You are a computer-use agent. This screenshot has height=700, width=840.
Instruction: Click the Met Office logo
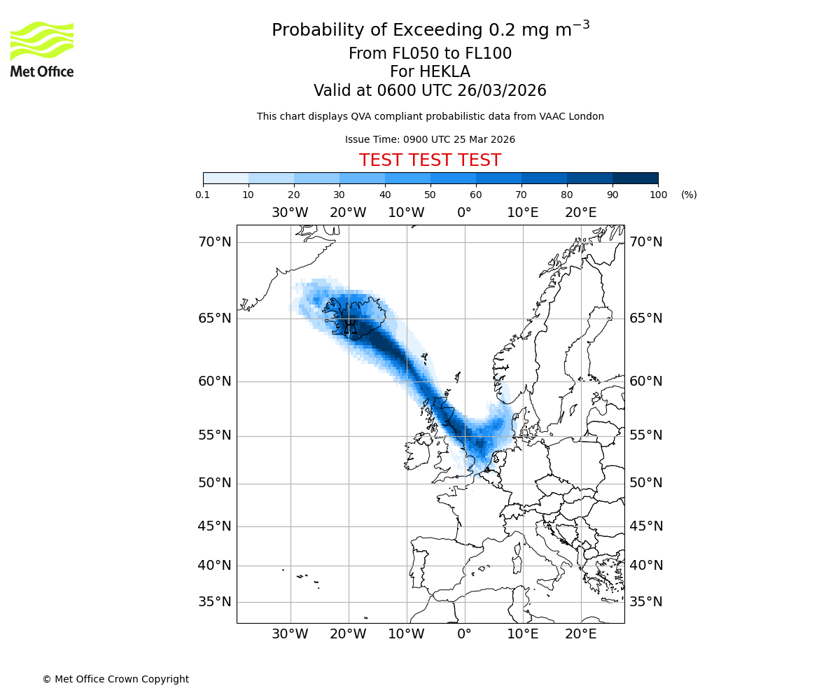(42, 49)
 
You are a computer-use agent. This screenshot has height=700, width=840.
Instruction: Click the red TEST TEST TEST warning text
(430, 160)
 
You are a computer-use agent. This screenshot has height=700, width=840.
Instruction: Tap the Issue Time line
(430, 139)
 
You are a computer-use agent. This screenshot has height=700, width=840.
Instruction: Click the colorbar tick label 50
(430, 195)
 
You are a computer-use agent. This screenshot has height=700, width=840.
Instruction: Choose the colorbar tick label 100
(658, 195)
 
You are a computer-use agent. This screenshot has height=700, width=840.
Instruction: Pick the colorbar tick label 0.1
(203, 195)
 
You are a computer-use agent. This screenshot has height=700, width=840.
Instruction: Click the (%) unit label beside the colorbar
(689, 195)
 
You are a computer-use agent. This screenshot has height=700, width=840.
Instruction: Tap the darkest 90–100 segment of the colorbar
(635, 178)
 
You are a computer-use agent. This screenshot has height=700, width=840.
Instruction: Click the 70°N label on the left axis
(214, 242)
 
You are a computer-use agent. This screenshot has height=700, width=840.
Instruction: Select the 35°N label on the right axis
(645, 602)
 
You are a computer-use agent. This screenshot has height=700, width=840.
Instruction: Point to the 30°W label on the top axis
(290, 213)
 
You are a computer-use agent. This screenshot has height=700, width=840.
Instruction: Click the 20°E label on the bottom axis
(580, 634)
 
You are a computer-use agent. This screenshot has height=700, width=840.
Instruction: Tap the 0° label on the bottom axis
(464, 634)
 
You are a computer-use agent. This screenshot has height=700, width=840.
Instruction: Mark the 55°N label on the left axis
(214, 435)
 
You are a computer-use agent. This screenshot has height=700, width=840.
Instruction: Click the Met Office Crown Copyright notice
(115, 679)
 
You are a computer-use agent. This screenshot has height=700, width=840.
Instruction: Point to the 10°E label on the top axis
(522, 213)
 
